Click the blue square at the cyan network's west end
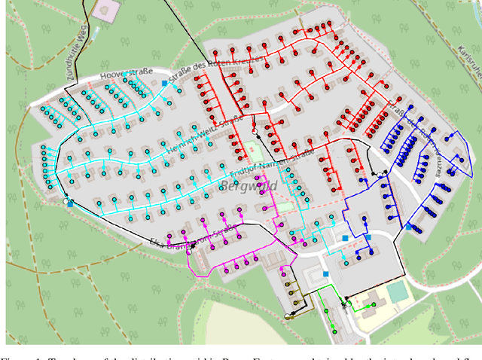69,203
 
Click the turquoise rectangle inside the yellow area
400,293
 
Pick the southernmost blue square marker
326,275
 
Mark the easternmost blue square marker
409,226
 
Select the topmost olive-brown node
286,284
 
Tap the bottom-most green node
334,330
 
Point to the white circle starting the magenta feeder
193,246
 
